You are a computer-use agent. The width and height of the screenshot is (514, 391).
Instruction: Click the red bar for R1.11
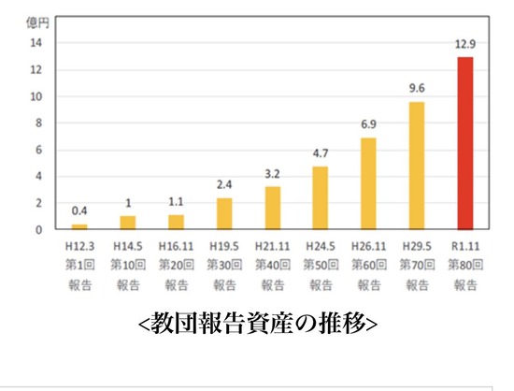(465, 143)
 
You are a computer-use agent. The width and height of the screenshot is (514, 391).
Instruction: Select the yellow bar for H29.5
(417, 166)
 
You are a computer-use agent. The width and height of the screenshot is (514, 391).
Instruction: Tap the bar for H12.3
(79, 226)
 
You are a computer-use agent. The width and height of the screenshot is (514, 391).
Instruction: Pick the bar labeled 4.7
(321, 197)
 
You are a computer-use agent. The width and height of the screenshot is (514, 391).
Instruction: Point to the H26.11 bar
(368, 183)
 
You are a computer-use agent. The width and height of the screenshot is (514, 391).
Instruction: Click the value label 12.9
(465, 44)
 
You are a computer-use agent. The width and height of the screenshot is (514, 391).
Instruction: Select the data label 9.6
(417, 88)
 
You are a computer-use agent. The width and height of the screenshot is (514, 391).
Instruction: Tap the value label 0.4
(79, 210)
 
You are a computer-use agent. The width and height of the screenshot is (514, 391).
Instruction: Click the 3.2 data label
(272, 174)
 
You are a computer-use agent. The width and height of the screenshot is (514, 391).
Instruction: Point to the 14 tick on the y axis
(36, 43)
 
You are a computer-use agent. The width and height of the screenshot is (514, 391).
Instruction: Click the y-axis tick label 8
(39, 123)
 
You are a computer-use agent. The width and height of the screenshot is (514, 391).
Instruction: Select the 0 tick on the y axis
(39, 230)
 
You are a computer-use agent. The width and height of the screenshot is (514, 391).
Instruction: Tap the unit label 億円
(37, 23)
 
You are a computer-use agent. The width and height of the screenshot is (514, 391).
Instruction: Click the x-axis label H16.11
(176, 246)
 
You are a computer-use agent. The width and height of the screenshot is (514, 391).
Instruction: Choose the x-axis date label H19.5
(224, 246)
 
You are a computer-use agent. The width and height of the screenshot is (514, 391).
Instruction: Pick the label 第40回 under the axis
(273, 265)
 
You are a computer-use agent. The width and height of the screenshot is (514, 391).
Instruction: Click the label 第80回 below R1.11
(465, 265)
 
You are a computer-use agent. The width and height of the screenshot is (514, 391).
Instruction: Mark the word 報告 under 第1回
(79, 284)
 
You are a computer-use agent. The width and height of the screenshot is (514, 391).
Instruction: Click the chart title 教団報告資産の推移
(258, 324)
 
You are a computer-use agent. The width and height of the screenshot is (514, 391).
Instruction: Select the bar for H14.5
(128, 223)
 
